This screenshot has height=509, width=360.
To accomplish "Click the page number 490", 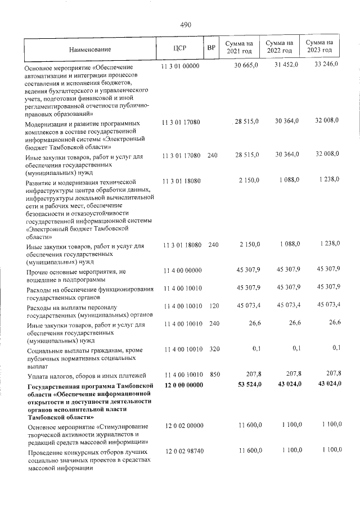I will pyautogui.click(x=186, y=25).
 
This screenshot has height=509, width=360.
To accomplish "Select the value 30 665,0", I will pyautogui.click(x=246, y=66).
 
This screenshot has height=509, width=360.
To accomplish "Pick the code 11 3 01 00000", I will pyautogui.click(x=181, y=66).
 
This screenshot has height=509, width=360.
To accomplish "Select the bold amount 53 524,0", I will pyautogui.click(x=246, y=385).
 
